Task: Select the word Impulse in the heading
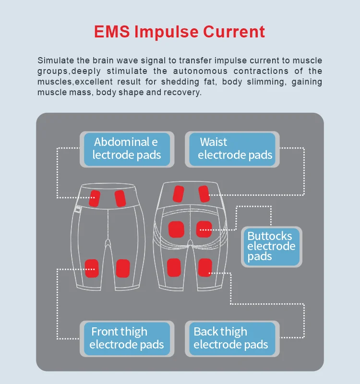pyautogui.click(x=166, y=32)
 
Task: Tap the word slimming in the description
pyautogui.click(x=264, y=82)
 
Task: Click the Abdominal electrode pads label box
pyautogui.click(x=126, y=149)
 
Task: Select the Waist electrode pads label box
pyautogui.click(x=232, y=149)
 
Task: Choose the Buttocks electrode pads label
pyautogui.click(x=271, y=247)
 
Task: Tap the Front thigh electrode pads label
pyautogui.click(x=126, y=338)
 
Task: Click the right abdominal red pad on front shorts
pyautogui.click(x=120, y=197)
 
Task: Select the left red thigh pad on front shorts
pyautogui.click(x=92, y=268)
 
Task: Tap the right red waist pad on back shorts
pyautogui.click(x=204, y=193)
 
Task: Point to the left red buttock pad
pyautogui.click(x=176, y=229)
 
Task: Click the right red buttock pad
pyautogui.click(x=204, y=229)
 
